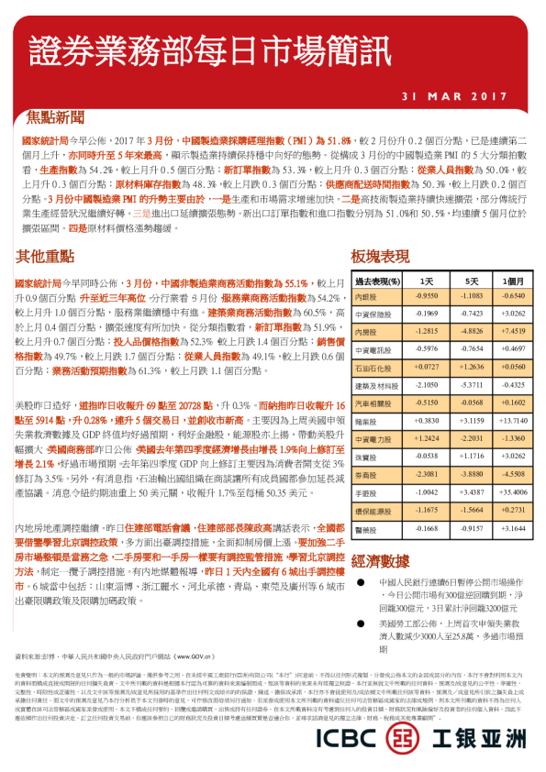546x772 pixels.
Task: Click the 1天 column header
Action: click(426, 281)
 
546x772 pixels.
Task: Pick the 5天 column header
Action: click(472, 281)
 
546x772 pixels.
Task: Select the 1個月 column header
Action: click(515, 281)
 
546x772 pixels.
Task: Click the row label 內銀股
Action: click(365, 297)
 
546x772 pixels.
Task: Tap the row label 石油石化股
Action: click(373, 366)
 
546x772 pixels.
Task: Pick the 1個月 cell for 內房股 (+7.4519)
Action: click(515, 331)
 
